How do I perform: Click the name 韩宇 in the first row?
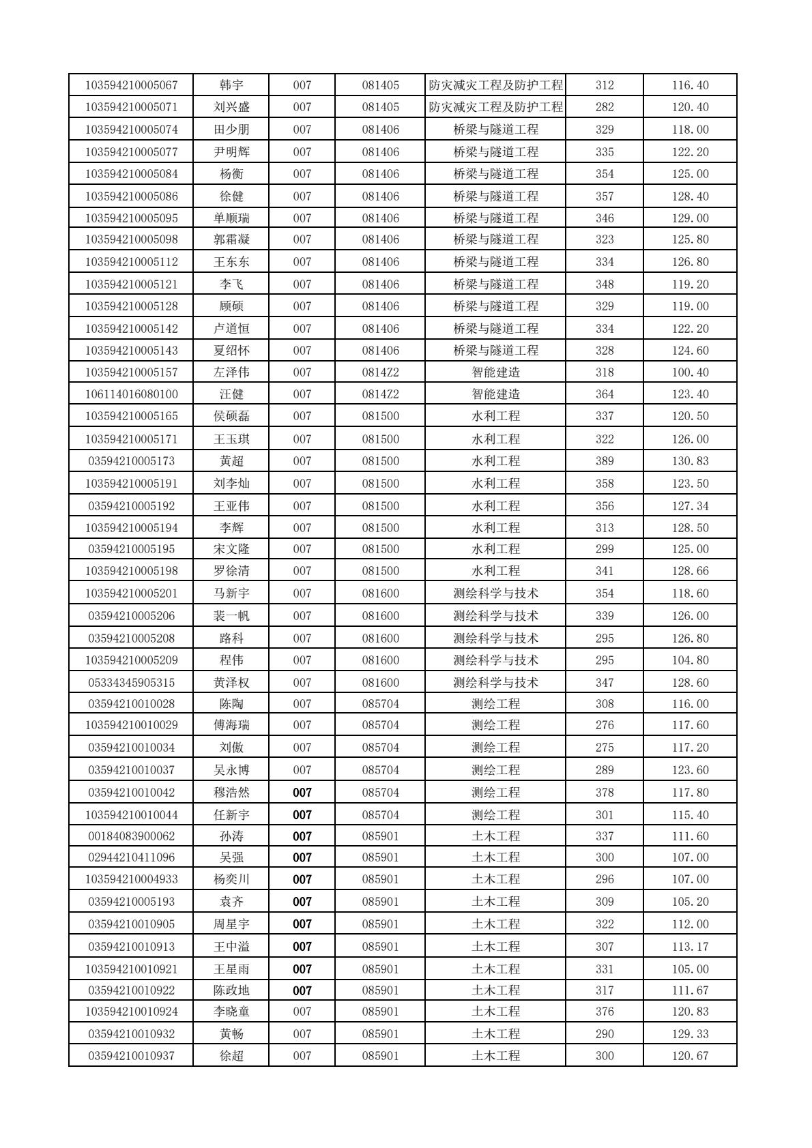pyautogui.click(x=231, y=85)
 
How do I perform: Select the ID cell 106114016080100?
pyautogui.click(x=131, y=394)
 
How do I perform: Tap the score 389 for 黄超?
pyautogui.click(x=604, y=461)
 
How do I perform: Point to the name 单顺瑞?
pyautogui.click(x=231, y=218)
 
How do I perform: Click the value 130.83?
pyautogui.click(x=690, y=461)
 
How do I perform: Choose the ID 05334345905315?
pyautogui.click(x=131, y=683)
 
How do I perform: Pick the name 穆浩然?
pyautogui.click(x=231, y=793)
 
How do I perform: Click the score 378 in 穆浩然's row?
pyautogui.click(x=604, y=793)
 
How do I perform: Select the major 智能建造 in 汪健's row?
pyautogui.click(x=495, y=394)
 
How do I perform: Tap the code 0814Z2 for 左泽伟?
pyautogui.click(x=380, y=372)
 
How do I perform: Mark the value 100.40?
pyautogui.click(x=690, y=372)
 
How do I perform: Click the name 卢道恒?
pyautogui.click(x=231, y=329)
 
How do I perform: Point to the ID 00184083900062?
pyautogui.click(x=131, y=836)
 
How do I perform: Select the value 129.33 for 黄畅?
pyautogui.click(x=690, y=1034)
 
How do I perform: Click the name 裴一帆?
pyautogui.click(x=231, y=616)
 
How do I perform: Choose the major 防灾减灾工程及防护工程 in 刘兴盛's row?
pyautogui.click(x=495, y=107)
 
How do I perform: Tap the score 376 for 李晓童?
pyautogui.click(x=604, y=1012)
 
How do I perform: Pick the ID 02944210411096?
pyautogui.click(x=131, y=857)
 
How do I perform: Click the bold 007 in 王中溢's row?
pyautogui.click(x=302, y=947)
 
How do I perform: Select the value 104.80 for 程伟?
pyautogui.click(x=690, y=660)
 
